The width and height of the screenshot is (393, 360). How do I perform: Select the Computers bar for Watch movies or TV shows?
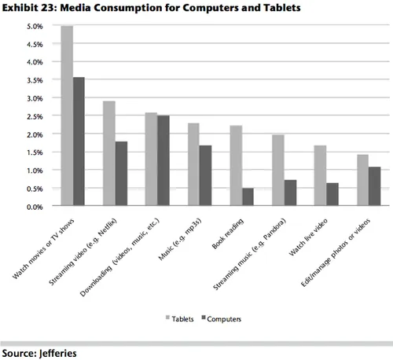79,142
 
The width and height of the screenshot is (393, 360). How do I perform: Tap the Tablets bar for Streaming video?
109,154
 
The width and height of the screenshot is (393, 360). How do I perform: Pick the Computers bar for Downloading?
163,161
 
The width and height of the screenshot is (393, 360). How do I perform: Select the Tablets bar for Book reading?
236,166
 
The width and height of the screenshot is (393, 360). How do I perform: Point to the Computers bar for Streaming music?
290,193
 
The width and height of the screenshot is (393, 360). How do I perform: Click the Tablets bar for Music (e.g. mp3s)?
193,165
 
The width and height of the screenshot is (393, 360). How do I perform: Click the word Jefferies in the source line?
57,351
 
